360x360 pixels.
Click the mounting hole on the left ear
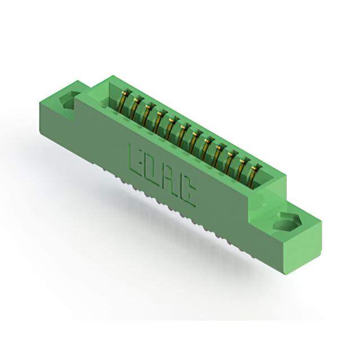click(x=69, y=101)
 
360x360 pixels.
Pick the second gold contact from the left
click(x=135, y=107)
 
